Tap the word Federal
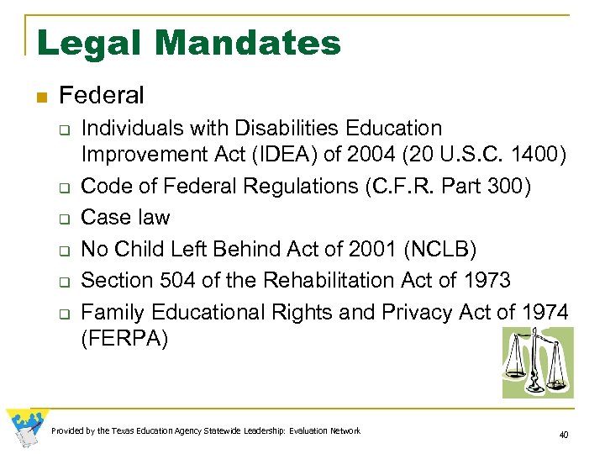103,96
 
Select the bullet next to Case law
62,219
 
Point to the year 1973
481,281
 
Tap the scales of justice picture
537,362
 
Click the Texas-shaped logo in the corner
25,429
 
